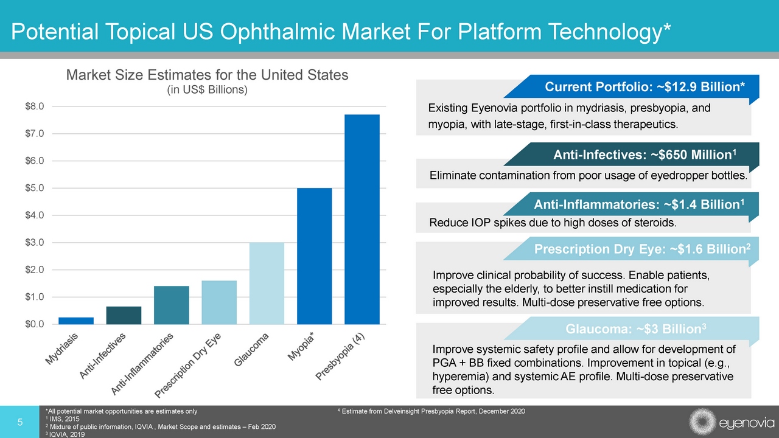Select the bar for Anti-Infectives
click(124, 315)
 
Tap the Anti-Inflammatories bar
click(171, 305)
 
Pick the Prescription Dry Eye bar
click(219, 302)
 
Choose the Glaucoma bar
click(267, 283)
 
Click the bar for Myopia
click(314, 256)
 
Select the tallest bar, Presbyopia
click(362, 219)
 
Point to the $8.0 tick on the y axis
click(33, 106)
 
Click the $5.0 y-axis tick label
click(33, 188)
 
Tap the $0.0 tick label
click(33, 324)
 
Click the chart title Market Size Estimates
click(207, 75)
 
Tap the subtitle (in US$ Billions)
click(207, 90)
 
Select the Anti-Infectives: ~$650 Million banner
click(645, 155)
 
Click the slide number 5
click(19, 422)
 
